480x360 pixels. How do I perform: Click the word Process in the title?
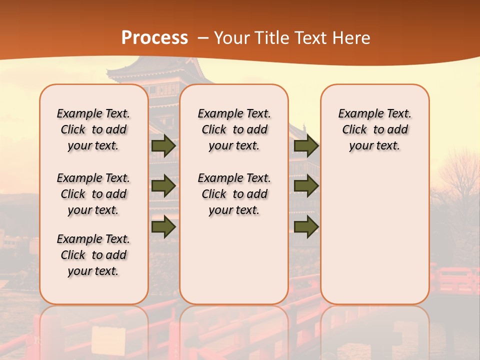pos(154,37)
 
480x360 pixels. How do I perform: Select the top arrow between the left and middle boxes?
pos(163,146)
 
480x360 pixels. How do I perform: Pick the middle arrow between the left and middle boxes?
pos(163,186)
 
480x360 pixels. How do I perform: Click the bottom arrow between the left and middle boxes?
pos(163,226)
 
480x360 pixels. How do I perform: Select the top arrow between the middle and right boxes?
pos(306,146)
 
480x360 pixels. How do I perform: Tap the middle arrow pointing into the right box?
pos(306,186)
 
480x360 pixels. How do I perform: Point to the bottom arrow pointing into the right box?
pos(306,226)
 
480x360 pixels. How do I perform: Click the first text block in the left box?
pos(93,129)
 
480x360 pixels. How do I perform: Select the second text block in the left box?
pos(93,194)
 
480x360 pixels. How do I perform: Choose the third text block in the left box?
pos(93,255)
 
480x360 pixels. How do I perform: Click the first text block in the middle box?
pos(234,129)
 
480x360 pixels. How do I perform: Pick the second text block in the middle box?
pos(234,194)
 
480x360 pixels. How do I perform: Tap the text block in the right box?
pos(375,129)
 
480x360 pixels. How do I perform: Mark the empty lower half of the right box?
pos(375,240)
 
